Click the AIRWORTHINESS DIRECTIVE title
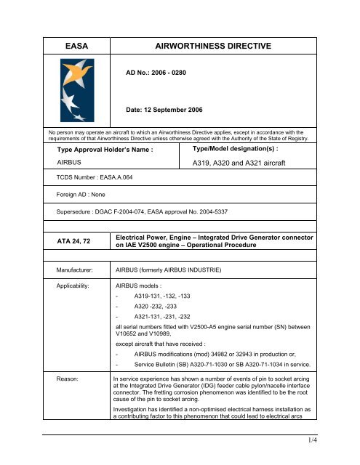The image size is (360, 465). click(213, 46)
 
